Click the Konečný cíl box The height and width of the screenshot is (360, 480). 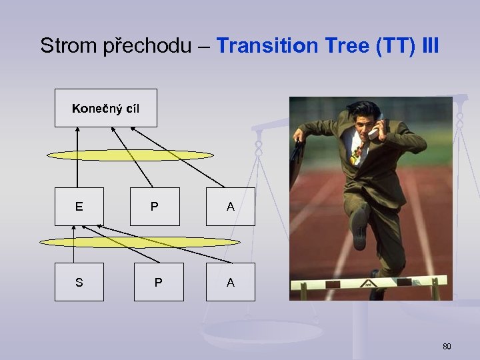105,108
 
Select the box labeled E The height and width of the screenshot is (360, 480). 79,207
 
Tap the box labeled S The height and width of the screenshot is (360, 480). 79,282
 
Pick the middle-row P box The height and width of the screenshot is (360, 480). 155,207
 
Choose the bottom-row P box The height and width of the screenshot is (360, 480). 158,282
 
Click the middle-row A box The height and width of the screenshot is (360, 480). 230,207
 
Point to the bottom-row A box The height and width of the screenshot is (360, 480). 230,282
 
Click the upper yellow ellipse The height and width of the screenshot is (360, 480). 130,155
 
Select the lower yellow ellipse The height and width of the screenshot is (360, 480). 139,242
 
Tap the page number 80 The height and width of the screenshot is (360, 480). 447,346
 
